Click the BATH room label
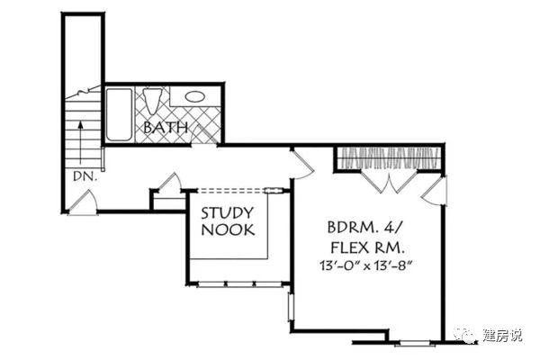click(x=166, y=128)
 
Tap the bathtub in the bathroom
click(x=119, y=114)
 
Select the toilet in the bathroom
click(x=152, y=101)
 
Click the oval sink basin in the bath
click(x=194, y=96)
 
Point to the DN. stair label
click(x=85, y=176)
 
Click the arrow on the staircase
click(x=81, y=141)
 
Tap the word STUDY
click(x=227, y=213)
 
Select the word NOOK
click(x=228, y=229)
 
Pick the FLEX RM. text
click(x=368, y=247)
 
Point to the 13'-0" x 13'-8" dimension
click(x=366, y=265)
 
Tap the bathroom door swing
click(x=203, y=134)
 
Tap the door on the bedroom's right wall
click(x=435, y=191)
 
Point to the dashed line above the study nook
click(x=230, y=189)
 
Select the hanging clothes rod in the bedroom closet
click(x=389, y=158)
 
